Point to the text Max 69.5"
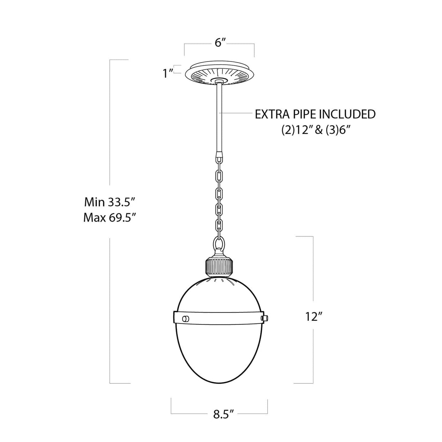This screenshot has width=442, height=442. click(x=110, y=218)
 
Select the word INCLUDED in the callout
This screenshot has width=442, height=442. click(x=347, y=114)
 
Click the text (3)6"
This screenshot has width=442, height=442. click(x=333, y=131)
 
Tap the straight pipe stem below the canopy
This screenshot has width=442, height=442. click(x=219, y=116)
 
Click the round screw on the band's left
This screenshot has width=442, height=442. click(x=186, y=319)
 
